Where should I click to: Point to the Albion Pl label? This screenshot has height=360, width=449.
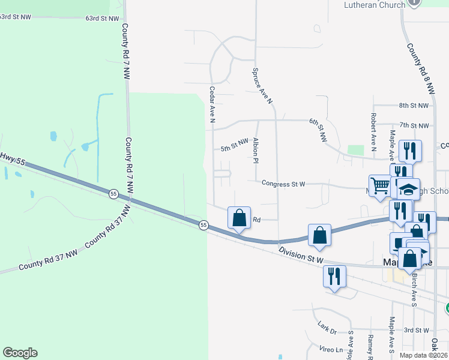point(256,151)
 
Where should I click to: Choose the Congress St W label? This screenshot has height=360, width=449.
point(284,184)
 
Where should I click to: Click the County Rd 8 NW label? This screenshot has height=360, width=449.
point(420,68)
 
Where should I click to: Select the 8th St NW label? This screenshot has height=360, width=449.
point(414,105)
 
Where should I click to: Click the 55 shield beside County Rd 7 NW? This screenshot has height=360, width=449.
point(113,193)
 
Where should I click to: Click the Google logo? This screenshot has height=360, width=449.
point(20,353)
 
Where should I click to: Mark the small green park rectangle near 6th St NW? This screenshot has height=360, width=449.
point(356,149)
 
